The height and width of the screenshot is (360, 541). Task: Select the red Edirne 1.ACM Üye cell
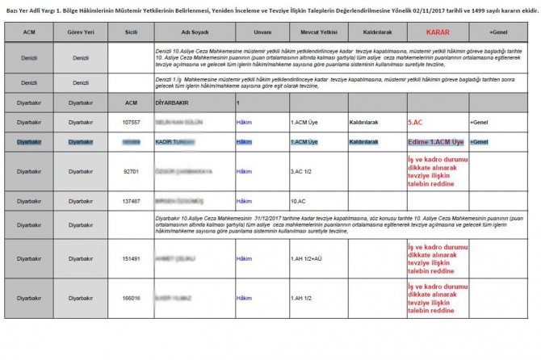pos(436,141)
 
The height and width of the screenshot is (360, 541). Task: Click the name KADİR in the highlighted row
pos(166,141)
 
